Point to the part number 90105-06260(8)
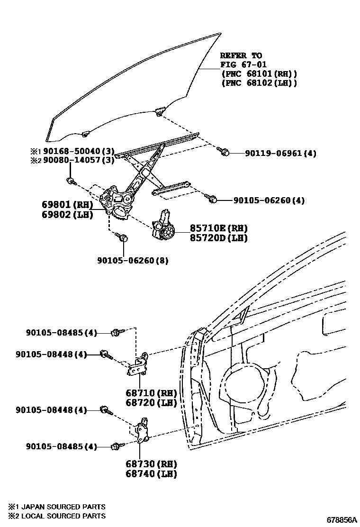(x=133, y=261)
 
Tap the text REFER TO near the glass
(x=241, y=56)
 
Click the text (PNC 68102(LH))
(x=259, y=83)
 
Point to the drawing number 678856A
(x=340, y=519)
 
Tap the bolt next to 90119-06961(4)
(x=224, y=152)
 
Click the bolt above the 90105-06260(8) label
(x=123, y=238)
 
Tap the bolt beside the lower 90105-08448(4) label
(x=105, y=410)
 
